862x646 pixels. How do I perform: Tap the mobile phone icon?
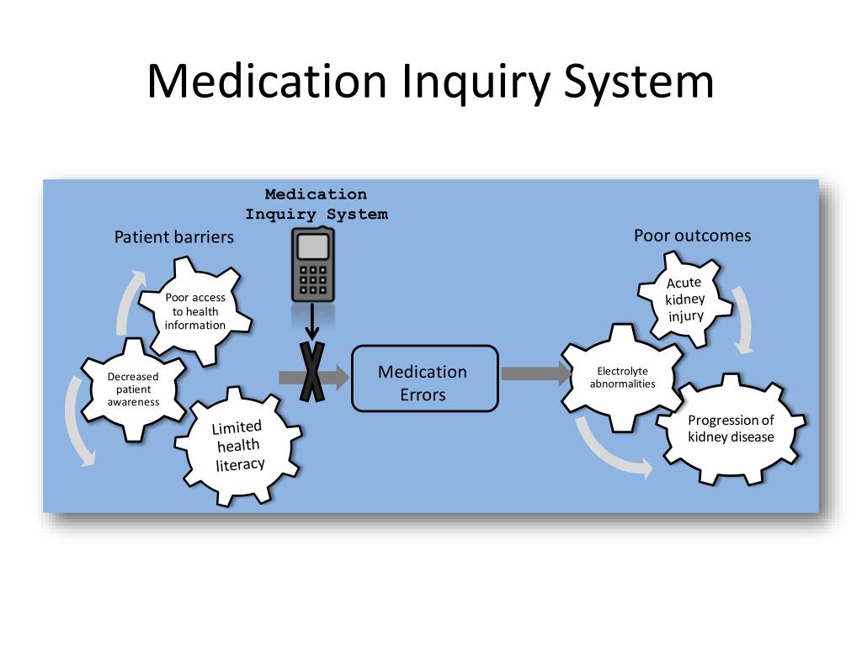click(x=312, y=264)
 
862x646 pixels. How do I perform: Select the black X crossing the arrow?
click(x=312, y=377)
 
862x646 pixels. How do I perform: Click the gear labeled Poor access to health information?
click(x=195, y=311)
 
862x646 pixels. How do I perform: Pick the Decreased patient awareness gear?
click(x=133, y=389)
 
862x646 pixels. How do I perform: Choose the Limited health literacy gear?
click(x=239, y=446)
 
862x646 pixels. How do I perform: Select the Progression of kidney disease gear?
click(x=731, y=429)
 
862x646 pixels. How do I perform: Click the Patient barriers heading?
click(x=174, y=237)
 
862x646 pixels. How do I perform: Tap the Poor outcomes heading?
click(x=692, y=236)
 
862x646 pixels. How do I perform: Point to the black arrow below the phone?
click(x=312, y=323)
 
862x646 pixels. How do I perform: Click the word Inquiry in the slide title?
click(x=475, y=82)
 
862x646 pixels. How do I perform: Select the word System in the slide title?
click(x=638, y=82)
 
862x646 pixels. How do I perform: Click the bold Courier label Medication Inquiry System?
click(x=317, y=204)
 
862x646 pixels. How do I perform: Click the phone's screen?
click(x=312, y=246)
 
